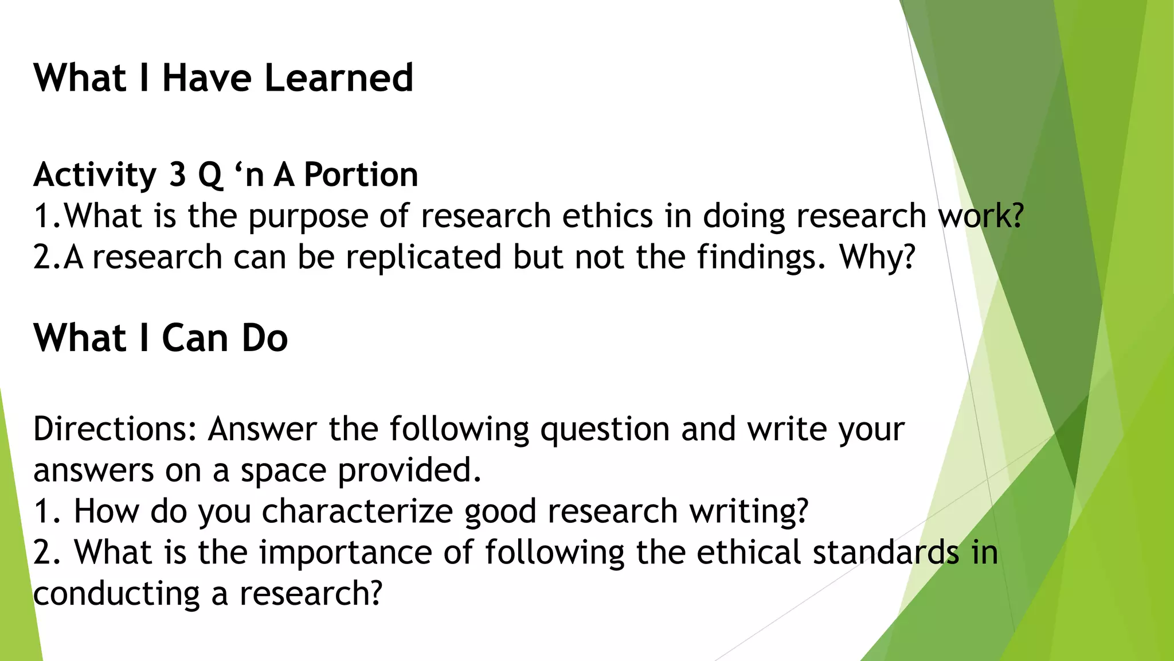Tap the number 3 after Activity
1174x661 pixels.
(x=177, y=174)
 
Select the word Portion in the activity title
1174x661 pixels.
(x=361, y=174)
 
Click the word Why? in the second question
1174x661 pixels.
(x=877, y=257)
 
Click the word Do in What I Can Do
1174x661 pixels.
(x=264, y=338)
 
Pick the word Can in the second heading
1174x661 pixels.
(x=195, y=338)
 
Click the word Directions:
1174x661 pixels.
(x=115, y=429)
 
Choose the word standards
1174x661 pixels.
(x=886, y=552)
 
